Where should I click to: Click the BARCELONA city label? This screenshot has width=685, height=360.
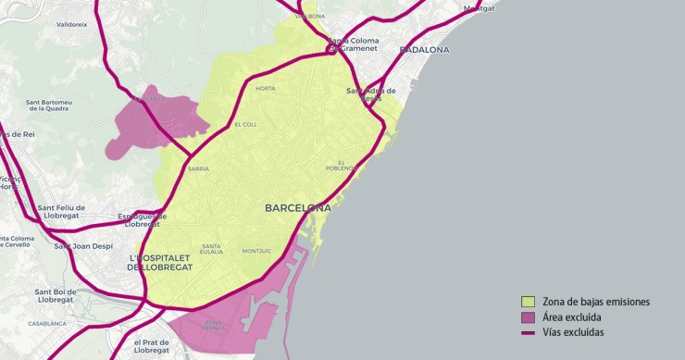297,208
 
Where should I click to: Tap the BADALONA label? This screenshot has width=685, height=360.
424,49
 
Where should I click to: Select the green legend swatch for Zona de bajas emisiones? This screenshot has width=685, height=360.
529,302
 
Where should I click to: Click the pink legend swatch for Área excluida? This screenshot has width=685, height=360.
529,317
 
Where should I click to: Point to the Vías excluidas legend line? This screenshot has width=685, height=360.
529,333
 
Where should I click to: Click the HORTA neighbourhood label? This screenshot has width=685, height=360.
266,89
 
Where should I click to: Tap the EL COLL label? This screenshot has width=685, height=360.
245,125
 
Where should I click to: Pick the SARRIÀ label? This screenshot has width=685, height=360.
198,169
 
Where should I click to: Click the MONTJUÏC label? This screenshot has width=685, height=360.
256,251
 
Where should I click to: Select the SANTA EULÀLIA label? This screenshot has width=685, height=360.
212,248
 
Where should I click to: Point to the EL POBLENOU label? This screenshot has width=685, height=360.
342,165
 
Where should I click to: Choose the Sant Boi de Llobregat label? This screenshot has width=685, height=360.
54,296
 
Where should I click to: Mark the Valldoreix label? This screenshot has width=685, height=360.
71,25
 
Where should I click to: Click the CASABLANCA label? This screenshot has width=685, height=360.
46,324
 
